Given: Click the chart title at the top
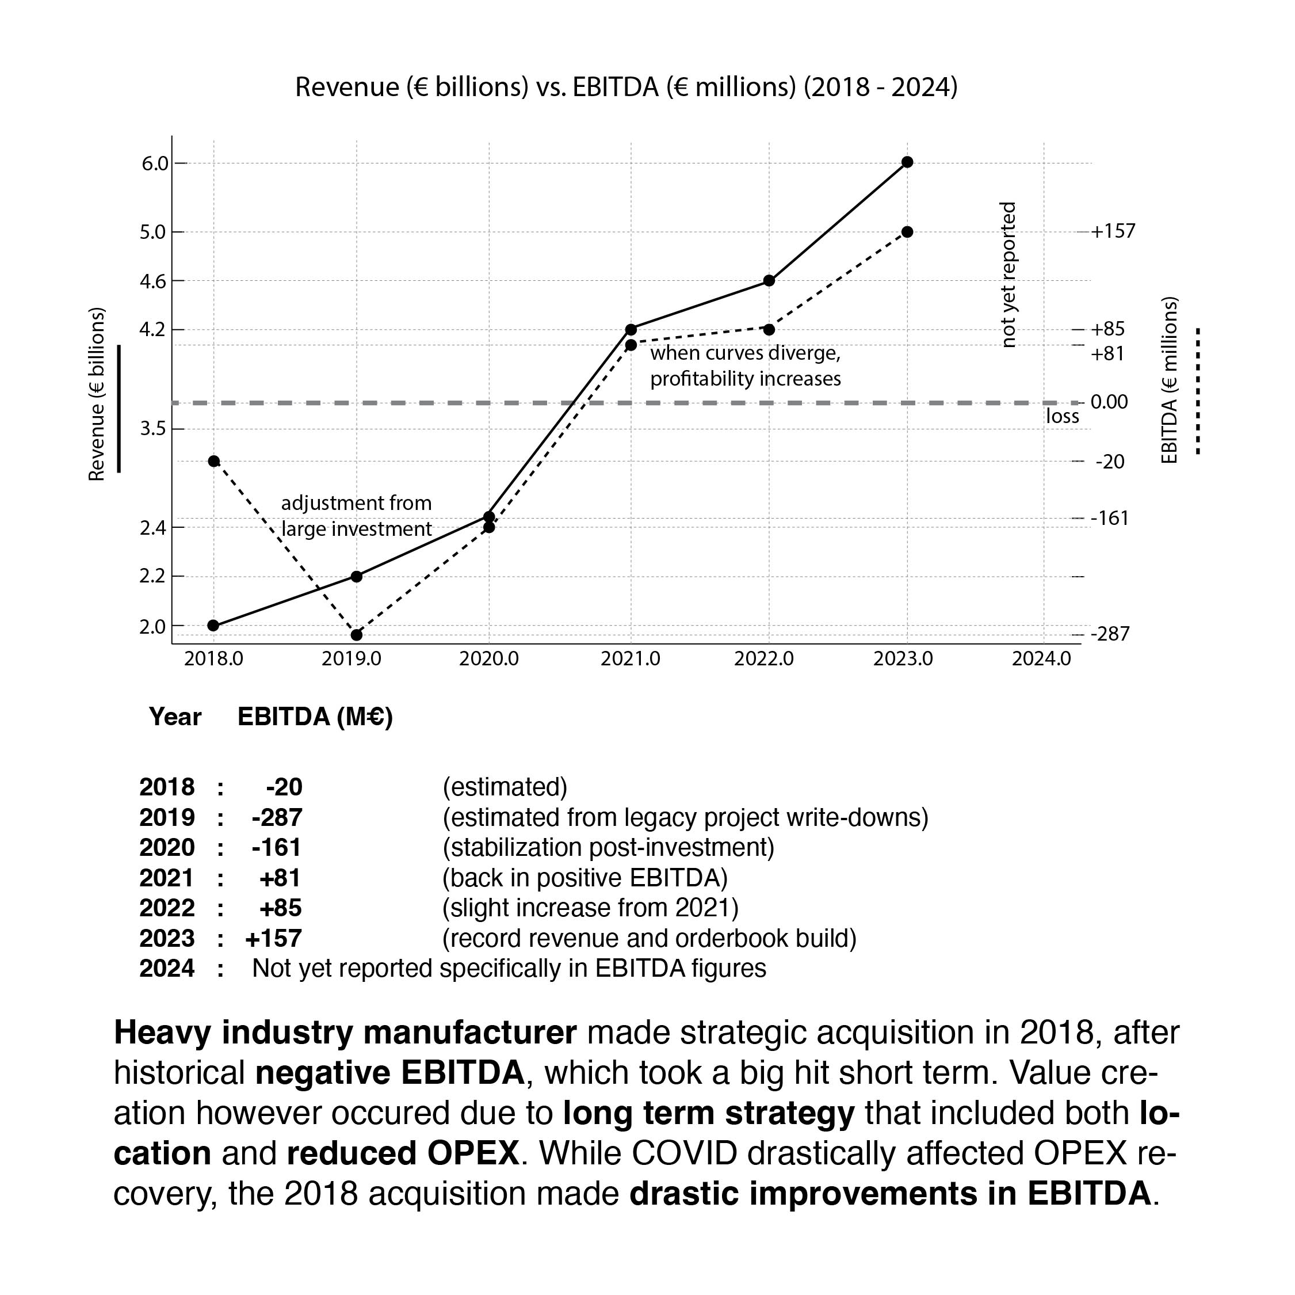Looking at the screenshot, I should tap(626, 87).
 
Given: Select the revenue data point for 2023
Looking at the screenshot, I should tap(907, 162).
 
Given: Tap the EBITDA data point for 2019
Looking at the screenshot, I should tap(357, 634).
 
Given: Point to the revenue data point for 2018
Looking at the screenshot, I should tap(213, 626).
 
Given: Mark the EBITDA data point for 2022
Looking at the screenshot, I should tap(769, 329).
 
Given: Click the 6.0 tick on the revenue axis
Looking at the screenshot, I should tap(155, 163).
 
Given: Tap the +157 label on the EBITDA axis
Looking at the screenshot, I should tap(1113, 231).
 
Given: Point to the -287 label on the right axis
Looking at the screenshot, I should tap(1110, 634).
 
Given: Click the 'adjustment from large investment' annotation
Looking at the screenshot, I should tap(356, 516).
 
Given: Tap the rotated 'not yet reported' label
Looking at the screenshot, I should tap(1007, 275).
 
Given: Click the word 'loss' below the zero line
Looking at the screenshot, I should tap(1063, 417).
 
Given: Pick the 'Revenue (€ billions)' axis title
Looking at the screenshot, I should tap(97, 394).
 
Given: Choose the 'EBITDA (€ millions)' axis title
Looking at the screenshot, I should tap(1169, 380).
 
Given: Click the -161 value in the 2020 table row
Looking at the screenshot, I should tap(277, 847).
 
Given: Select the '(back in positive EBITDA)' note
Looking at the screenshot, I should tap(585, 877).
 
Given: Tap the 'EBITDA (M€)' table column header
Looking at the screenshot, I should tap(315, 717).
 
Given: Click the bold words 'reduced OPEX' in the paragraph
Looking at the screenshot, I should tap(402, 1153).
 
